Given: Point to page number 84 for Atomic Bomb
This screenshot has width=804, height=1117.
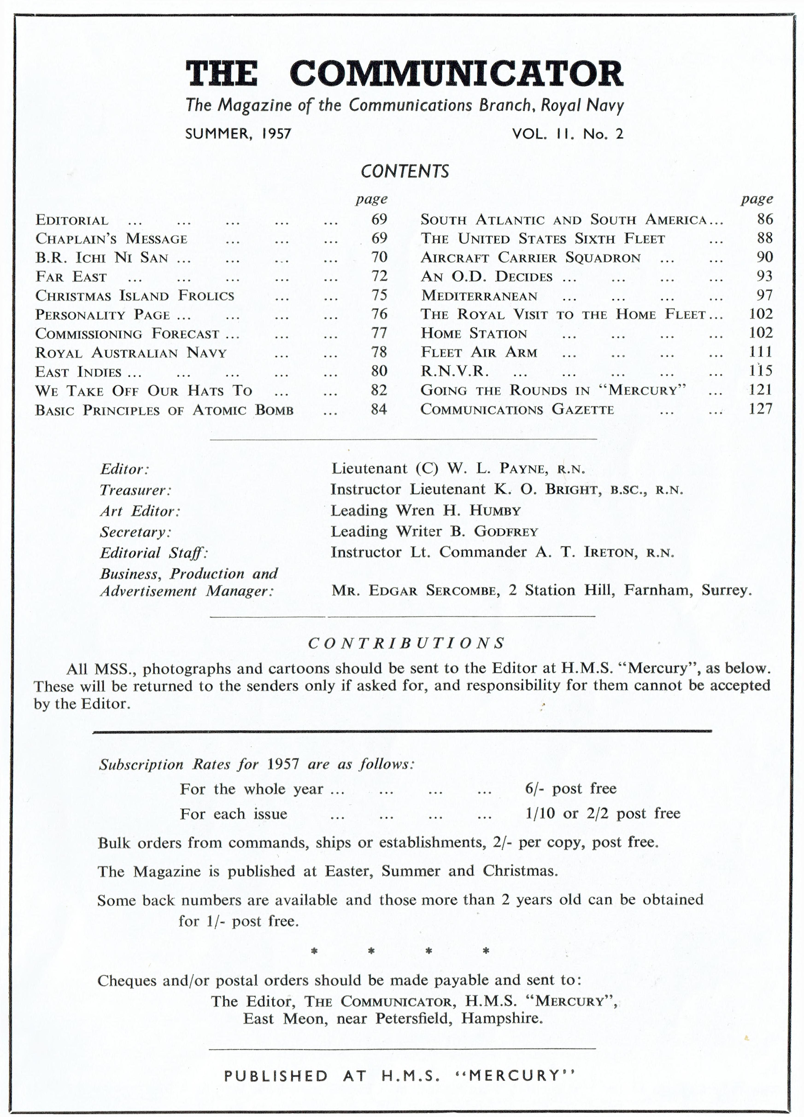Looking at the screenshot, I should (x=379, y=409).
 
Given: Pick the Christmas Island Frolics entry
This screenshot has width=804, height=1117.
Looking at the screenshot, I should (x=135, y=295).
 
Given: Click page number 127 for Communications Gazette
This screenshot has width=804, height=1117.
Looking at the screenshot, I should (x=760, y=409).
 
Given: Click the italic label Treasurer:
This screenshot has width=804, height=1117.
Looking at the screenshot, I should (x=135, y=490).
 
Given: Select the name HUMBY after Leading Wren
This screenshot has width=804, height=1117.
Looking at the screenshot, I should (x=495, y=511).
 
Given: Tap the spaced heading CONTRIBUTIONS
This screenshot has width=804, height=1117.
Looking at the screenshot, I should (x=407, y=643).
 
